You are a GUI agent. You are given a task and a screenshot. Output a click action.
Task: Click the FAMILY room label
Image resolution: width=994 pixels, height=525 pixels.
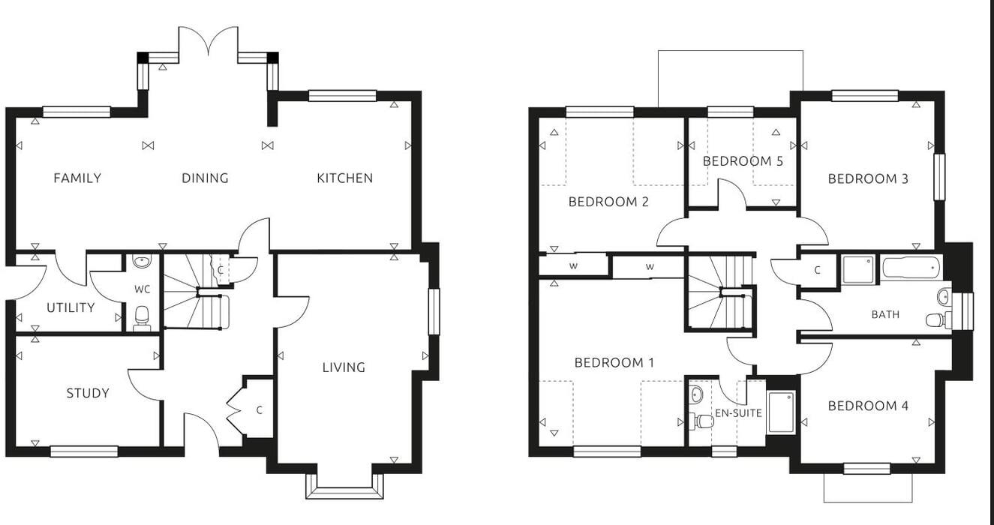point(77,178)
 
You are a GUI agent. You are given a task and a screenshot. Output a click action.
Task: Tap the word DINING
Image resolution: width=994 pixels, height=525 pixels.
point(205,178)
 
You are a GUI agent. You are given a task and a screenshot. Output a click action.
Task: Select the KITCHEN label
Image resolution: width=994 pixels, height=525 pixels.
point(344,178)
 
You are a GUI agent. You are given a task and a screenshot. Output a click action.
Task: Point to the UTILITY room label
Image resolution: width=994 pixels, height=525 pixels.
point(71,307)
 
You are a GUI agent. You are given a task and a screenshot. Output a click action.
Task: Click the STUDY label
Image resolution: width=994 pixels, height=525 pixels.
point(87,393)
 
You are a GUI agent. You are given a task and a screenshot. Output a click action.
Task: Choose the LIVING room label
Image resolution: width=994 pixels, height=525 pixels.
point(344,367)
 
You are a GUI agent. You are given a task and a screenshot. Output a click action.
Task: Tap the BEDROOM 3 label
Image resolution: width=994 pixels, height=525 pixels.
point(868,178)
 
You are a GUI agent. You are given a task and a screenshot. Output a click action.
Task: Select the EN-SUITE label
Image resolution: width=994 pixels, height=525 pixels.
point(738,412)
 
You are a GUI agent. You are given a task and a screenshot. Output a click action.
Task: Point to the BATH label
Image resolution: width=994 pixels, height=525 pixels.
point(885,314)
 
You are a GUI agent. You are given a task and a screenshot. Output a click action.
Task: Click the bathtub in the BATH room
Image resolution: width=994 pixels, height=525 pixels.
point(911,268)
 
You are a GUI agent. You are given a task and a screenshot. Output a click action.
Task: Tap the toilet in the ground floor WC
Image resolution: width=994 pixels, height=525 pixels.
point(142,321)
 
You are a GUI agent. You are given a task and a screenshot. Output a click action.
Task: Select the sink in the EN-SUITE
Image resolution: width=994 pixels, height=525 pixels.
point(697,394)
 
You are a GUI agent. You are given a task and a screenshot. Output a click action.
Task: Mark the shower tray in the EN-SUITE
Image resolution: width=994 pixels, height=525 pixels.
point(781,412)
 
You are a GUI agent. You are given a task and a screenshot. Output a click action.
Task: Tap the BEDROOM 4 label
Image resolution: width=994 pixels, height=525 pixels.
point(868,406)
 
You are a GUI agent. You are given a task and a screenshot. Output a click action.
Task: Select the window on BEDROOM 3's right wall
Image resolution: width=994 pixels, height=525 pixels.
point(938,177)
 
